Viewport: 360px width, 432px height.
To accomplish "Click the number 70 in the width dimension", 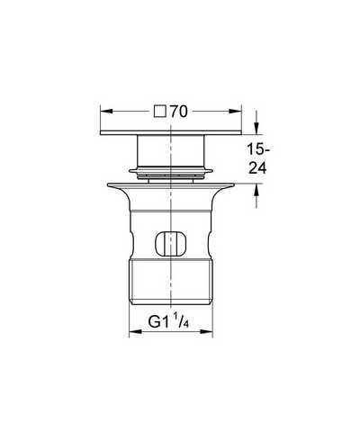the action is [x=179, y=112].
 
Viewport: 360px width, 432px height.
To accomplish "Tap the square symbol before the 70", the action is [x=160, y=112].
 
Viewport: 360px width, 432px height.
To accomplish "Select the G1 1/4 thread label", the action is [x=168, y=322].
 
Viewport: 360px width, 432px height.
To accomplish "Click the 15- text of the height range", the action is [x=258, y=149].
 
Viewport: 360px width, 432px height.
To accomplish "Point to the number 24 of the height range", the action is [x=257, y=168].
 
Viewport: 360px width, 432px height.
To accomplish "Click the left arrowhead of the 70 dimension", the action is [x=106, y=112].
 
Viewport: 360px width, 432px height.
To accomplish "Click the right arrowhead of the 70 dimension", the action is [x=235, y=112].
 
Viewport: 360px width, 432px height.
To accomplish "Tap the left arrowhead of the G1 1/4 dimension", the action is [x=135, y=331].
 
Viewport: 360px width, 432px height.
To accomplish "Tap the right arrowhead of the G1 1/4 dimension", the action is [x=206, y=331].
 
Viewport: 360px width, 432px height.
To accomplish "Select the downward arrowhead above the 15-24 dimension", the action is [x=256, y=128].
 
